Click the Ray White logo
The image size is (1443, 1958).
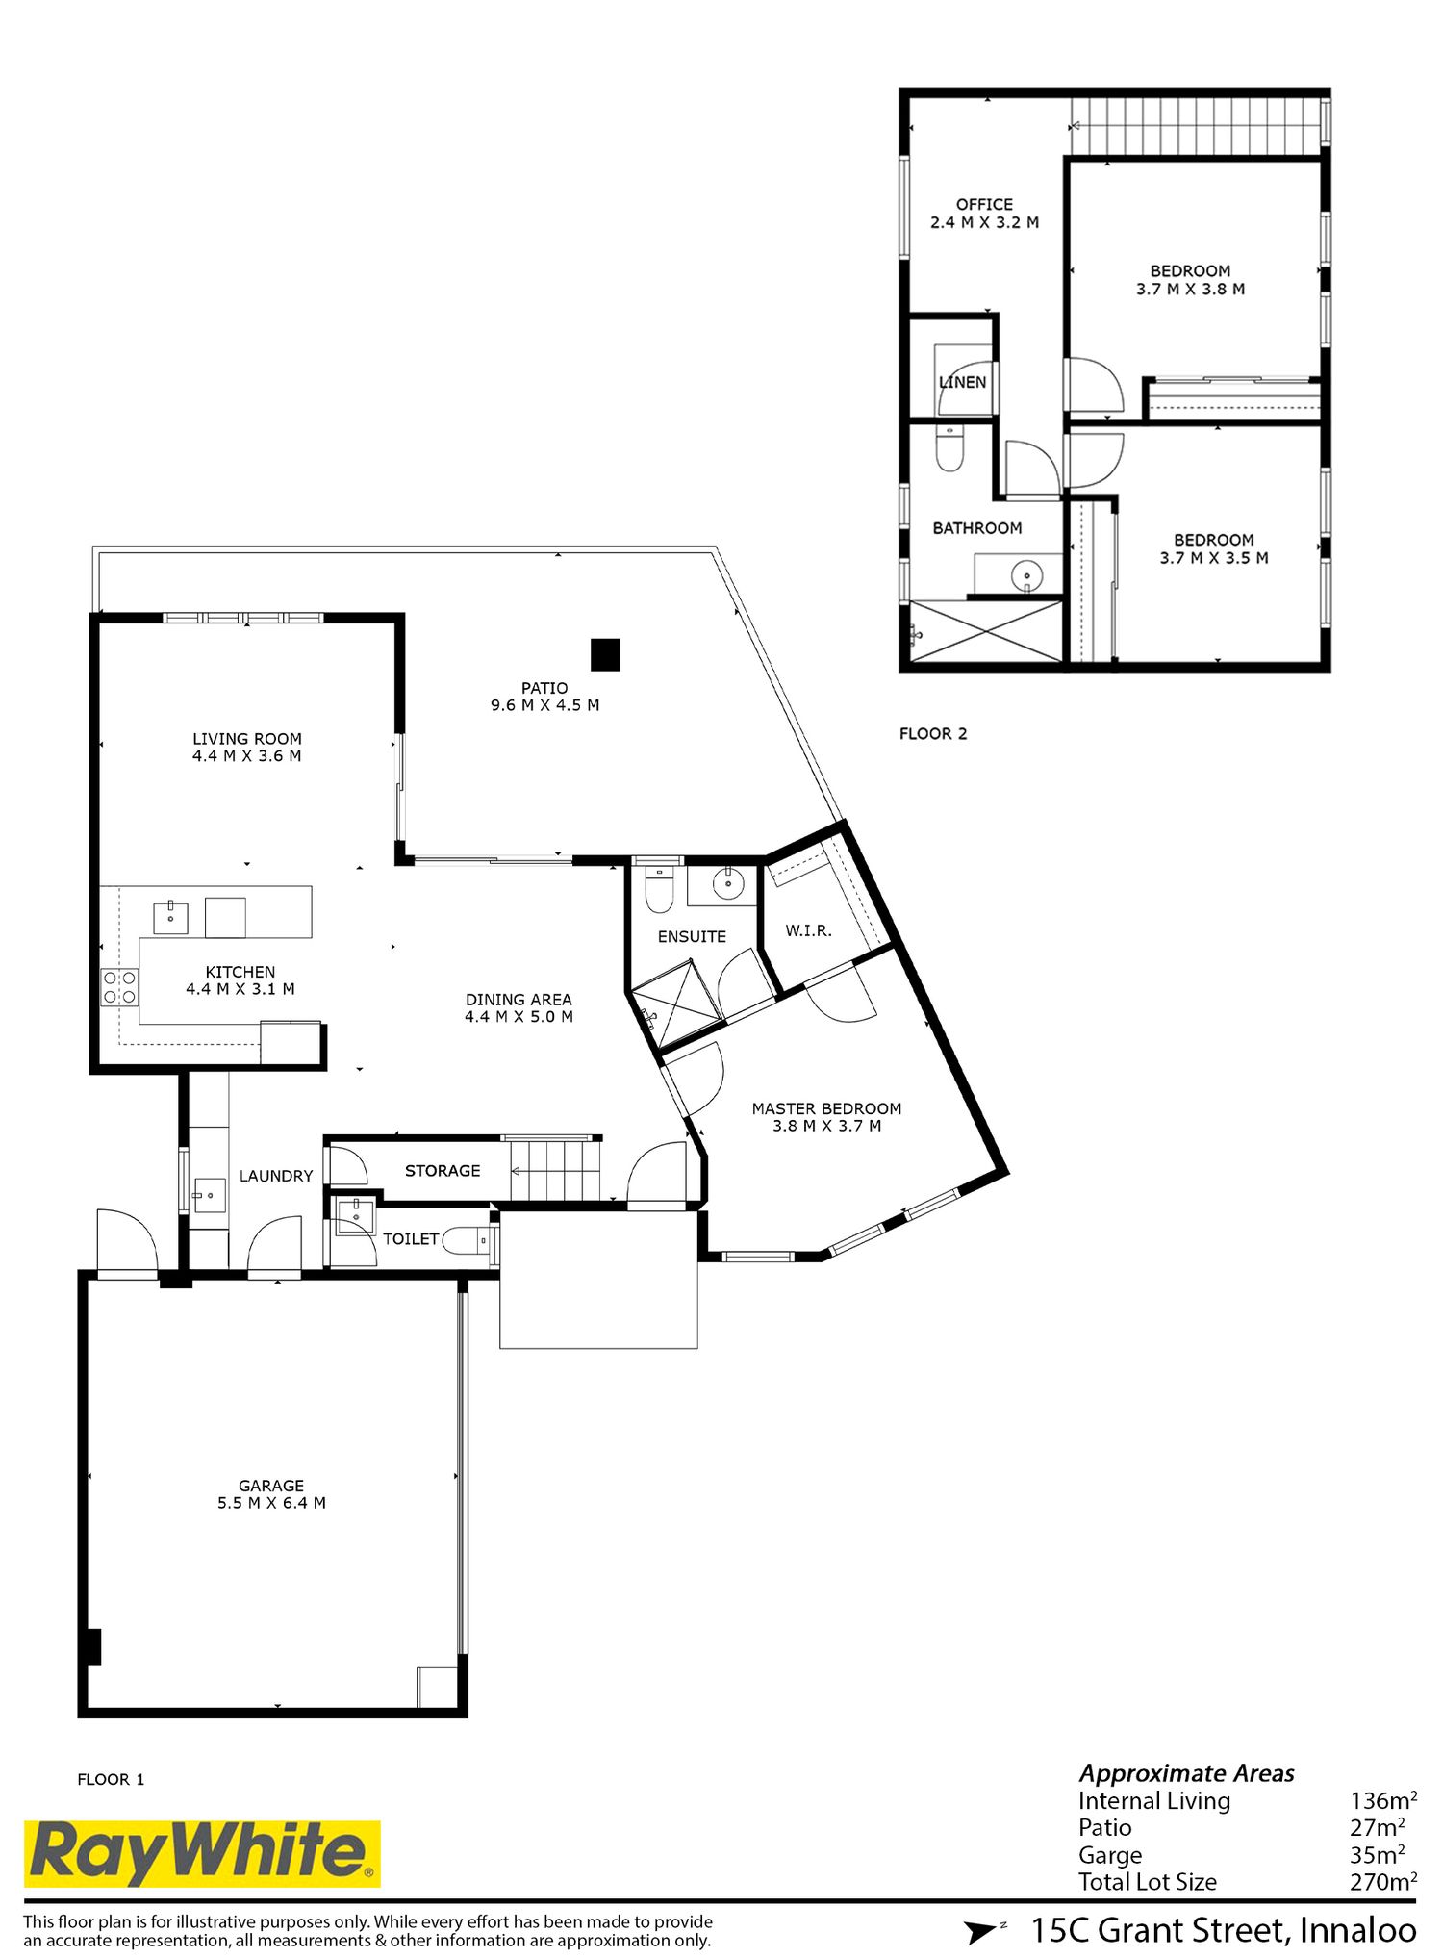click(x=202, y=1853)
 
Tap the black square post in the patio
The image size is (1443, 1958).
click(x=605, y=655)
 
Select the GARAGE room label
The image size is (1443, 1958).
click(x=271, y=1486)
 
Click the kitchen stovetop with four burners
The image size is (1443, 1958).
click(x=120, y=987)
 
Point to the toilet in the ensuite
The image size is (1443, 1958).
click(x=659, y=890)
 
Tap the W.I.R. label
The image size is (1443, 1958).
click(x=808, y=930)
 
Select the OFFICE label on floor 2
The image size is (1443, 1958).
click(x=984, y=204)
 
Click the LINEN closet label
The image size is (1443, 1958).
click(x=963, y=382)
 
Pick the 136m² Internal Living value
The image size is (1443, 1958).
click(x=1383, y=1800)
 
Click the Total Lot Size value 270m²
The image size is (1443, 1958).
click(x=1383, y=1881)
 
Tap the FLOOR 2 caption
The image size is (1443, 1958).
click(x=933, y=733)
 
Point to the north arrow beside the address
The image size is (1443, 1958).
click(x=983, y=1930)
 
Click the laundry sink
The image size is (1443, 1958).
click(x=209, y=1195)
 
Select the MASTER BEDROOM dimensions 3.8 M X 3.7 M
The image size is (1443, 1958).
click(x=826, y=1126)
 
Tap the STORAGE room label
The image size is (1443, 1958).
click(x=443, y=1170)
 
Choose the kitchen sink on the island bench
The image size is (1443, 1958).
click(x=171, y=918)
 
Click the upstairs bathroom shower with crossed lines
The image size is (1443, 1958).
click(x=985, y=631)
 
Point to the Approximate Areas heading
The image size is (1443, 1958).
click(x=1186, y=1773)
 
